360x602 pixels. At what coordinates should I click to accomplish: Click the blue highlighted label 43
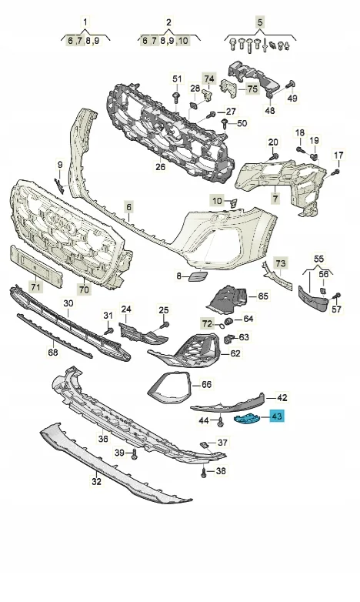pyautogui.click(x=277, y=416)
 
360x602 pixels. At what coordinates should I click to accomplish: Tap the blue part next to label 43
pyautogui.click(x=247, y=420)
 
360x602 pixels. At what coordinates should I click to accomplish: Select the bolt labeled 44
pyautogui.click(x=221, y=422)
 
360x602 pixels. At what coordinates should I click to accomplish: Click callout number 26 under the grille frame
pyautogui.click(x=161, y=166)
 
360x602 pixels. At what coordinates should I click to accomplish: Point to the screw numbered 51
pyautogui.click(x=177, y=97)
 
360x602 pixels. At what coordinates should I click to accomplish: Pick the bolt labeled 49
pyautogui.click(x=290, y=85)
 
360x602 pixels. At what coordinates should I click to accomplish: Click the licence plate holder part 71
pyautogui.click(x=35, y=266)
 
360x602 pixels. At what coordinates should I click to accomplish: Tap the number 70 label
pyautogui.click(x=84, y=289)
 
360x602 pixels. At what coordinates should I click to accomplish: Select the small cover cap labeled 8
pyautogui.click(x=198, y=276)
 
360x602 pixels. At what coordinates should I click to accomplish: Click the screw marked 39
pyautogui.click(x=134, y=454)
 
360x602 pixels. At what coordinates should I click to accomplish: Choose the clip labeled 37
pyautogui.click(x=205, y=445)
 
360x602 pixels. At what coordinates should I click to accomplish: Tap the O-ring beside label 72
pyautogui.click(x=222, y=326)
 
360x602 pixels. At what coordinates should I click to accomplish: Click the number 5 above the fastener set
pyautogui.click(x=260, y=22)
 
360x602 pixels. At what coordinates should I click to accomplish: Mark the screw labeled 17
pyautogui.click(x=336, y=172)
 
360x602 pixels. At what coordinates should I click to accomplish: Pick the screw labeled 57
pyautogui.click(x=337, y=296)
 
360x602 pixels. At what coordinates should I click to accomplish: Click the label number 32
pyautogui.click(x=96, y=481)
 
